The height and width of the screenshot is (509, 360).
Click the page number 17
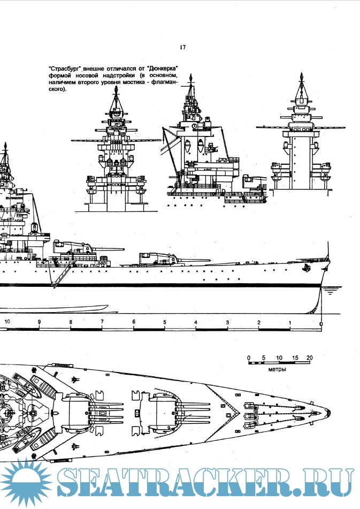point(182,48)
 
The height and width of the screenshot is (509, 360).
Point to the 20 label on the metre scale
point(309,358)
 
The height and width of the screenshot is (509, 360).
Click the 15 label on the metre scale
point(294,358)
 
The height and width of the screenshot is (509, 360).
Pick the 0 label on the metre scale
point(249,358)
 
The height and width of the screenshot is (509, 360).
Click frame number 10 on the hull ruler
point(7,322)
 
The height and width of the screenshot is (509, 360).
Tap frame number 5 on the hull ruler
point(165,322)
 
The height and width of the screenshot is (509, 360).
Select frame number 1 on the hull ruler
point(290,322)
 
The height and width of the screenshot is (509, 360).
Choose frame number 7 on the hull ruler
point(102,322)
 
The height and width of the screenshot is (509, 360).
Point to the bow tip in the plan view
point(328,412)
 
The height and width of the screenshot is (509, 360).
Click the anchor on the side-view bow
point(307,268)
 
